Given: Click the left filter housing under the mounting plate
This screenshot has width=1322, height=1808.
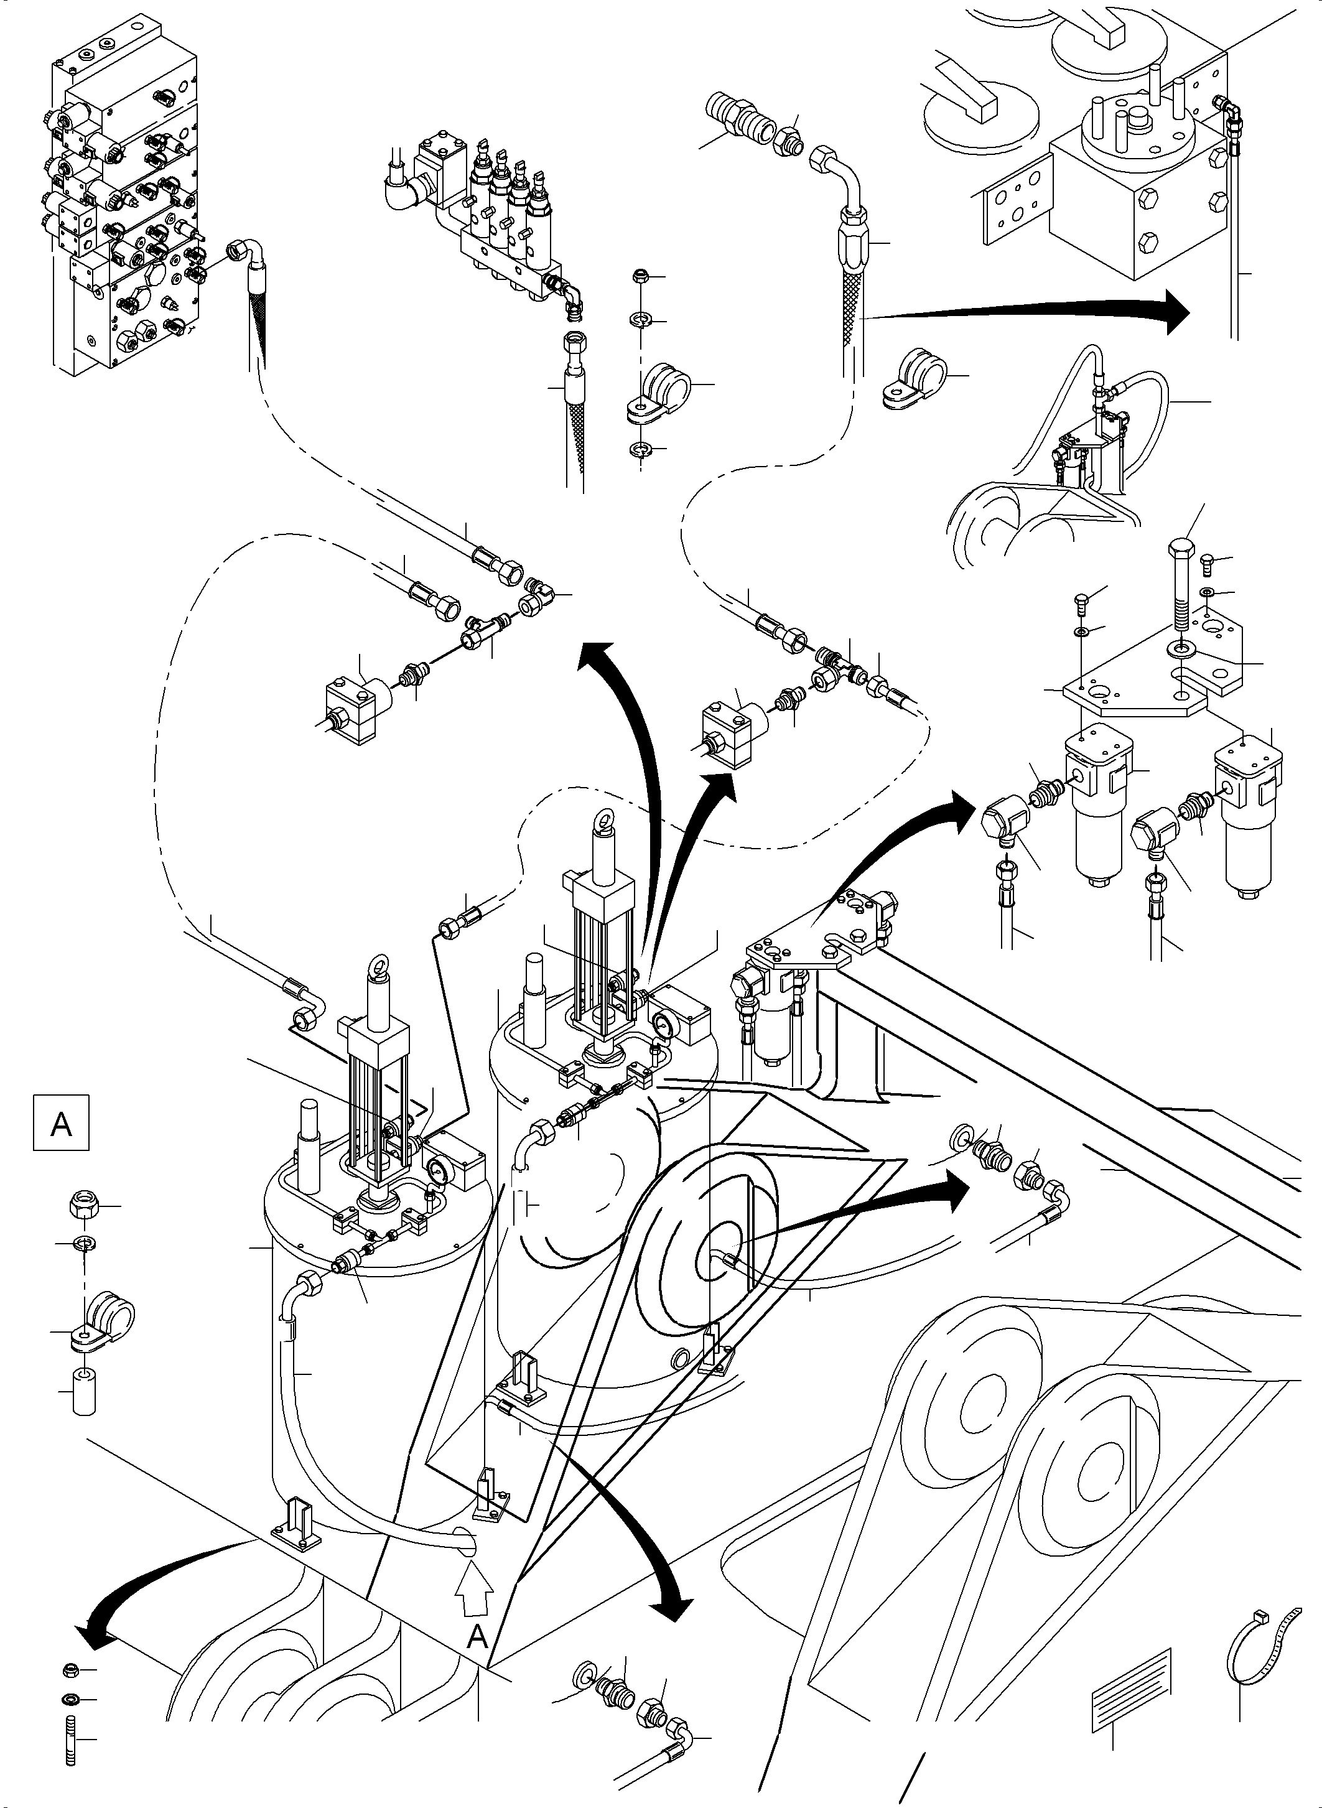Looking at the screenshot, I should coord(1097,808).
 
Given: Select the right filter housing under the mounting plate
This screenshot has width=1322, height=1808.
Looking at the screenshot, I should coord(1247,808).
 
